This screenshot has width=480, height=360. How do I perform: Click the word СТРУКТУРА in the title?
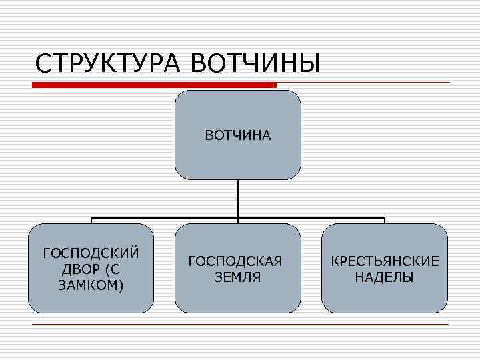109,64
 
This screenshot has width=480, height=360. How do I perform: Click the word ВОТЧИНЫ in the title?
256,64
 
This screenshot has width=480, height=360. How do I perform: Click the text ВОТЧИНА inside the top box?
238,136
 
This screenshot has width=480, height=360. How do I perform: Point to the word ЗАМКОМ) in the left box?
91,285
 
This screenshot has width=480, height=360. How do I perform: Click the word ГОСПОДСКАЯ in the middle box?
235,261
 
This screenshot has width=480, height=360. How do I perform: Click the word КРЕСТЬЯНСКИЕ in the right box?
385,261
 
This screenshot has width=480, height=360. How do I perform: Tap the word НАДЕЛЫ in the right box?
384,277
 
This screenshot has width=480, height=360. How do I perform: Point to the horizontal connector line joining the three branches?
167,217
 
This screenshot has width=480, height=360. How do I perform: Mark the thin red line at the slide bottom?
240,324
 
